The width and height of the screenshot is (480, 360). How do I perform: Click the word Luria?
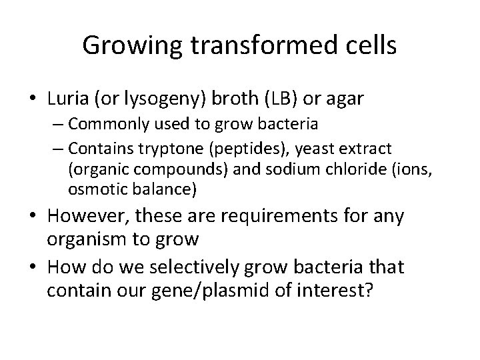[69, 99]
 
